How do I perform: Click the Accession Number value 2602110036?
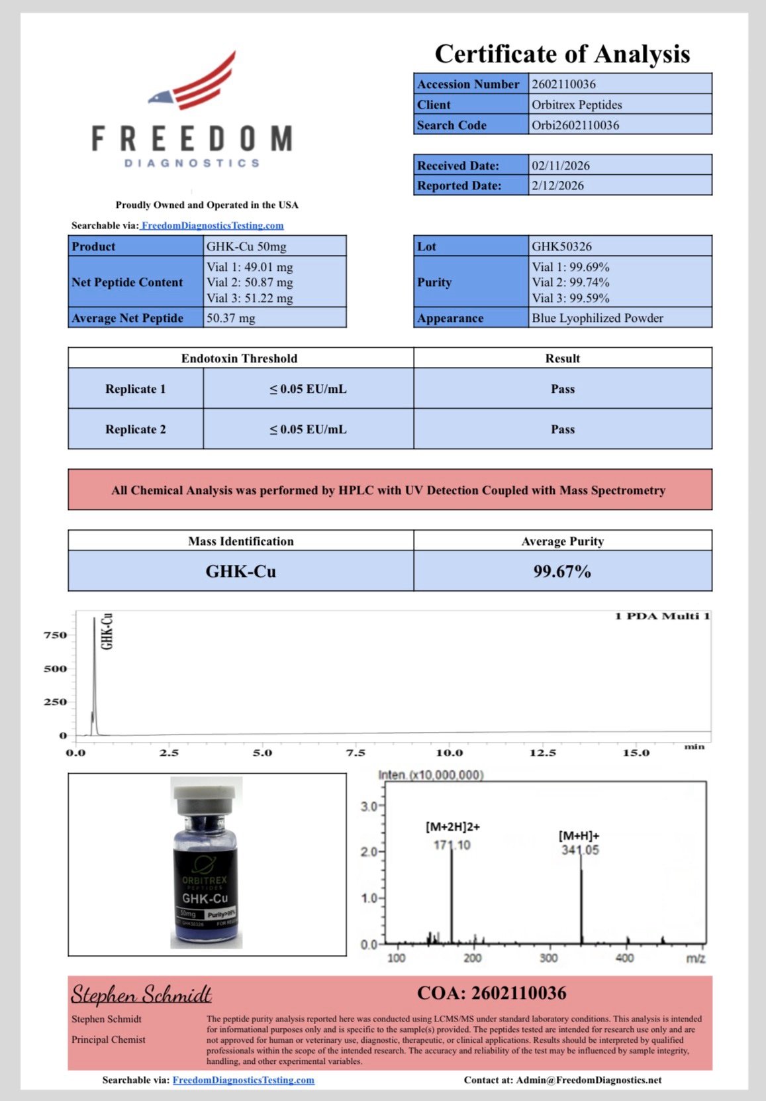[563, 84]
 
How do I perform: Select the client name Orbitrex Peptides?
[577, 105]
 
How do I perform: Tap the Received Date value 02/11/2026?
[560, 166]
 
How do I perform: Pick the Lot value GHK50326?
[561, 246]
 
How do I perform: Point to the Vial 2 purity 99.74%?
[571, 282]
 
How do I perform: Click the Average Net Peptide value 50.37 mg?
[230, 318]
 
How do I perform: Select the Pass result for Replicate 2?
[562, 429]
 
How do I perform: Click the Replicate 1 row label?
[135, 389]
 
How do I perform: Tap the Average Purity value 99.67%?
[562, 571]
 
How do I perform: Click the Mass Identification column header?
[240, 541]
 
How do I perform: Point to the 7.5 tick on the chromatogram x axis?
[356, 753]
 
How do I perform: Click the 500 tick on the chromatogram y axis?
[55, 668]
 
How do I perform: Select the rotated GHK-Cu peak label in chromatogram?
[107, 631]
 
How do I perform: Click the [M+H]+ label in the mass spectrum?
[578, 836]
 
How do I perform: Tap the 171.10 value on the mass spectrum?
[452, 845]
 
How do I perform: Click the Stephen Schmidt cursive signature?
[141, 994]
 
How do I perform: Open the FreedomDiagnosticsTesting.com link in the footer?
[243, 1080]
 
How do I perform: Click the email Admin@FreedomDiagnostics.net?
[589, 1080]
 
